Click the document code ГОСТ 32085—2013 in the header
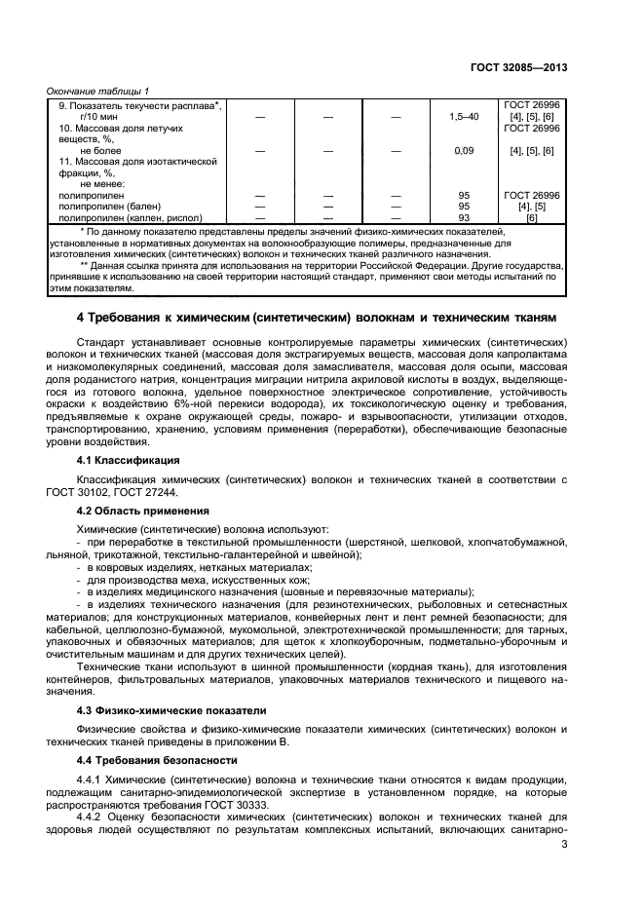tap(517, 68)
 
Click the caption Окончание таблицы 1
tap(98, 91)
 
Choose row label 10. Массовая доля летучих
tap(121, 128)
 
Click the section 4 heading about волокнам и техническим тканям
tap(317, 318)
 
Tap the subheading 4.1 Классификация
tap(128, 459)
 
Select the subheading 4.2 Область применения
tap(136, 509)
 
